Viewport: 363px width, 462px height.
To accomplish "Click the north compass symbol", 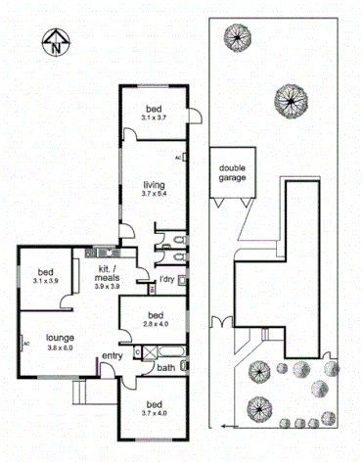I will coord(57,42).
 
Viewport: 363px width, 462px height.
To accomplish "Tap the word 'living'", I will coord(154,184).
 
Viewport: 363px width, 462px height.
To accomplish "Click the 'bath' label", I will coord(165,368).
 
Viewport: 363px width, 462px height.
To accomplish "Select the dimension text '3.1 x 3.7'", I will coord(154,117).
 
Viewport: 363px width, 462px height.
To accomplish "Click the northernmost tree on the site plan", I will coord(235,38).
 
